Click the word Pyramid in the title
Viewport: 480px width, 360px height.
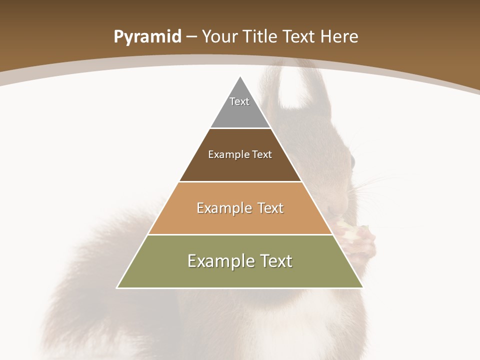pos(147,37)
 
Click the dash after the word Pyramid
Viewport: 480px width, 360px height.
pos(192,37)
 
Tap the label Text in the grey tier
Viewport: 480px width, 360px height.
pos(239,101)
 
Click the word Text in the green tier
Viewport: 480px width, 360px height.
pos(274,261)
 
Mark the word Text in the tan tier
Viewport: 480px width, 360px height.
pos(270,208)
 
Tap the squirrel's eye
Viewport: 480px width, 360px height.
pos(352,162)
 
